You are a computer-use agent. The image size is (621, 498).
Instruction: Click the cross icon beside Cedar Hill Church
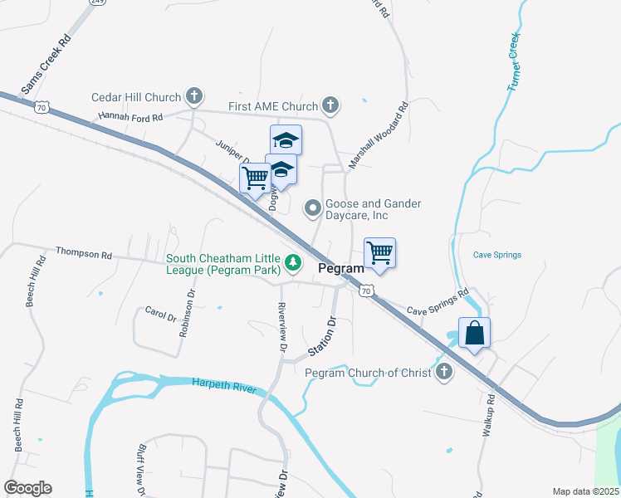tap(193, 97)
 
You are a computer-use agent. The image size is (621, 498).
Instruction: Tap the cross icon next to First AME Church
tap(330, 106)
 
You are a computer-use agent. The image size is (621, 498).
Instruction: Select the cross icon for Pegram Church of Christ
tap(444, 373)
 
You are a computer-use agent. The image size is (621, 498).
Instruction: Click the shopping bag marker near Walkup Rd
tap(474, 334)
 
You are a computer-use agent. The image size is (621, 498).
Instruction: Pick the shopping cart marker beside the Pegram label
tap(379, 253)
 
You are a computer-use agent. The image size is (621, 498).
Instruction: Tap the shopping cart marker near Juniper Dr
tap(255, 177)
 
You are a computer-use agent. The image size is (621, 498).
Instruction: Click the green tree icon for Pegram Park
tap(292, 263)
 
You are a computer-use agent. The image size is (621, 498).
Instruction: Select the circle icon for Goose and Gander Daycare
tap(313, 209)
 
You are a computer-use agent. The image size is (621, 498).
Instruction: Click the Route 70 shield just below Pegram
tap(367, 290)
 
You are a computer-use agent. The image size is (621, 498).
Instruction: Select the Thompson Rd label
tap(83, 252)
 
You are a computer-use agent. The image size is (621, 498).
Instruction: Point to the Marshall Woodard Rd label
tap(379, 136)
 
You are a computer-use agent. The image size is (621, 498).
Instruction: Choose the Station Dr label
tap(320, 335)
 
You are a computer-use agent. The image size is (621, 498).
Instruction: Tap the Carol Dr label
tap(160, 316)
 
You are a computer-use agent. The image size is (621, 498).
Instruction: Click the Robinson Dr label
tap(186, 314)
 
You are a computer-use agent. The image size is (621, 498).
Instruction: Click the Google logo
tap(27, 488)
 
